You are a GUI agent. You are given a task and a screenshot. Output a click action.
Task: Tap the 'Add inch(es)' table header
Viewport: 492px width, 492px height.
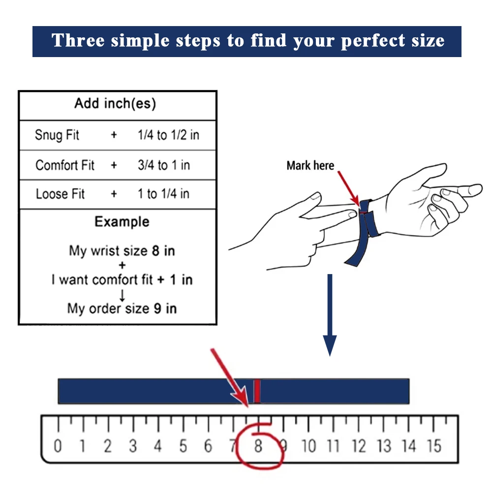115,103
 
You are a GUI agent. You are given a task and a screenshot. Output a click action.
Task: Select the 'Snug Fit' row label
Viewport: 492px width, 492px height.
57,135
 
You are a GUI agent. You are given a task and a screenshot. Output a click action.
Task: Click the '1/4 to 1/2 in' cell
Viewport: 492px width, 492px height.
168,135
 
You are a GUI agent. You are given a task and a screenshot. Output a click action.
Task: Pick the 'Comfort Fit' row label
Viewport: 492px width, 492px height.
65,165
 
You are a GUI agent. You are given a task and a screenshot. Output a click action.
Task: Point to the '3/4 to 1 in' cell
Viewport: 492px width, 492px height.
164,165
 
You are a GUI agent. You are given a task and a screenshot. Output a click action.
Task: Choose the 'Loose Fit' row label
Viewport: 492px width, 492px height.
60,194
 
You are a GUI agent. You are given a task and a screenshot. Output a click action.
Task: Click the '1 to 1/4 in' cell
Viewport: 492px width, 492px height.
163,194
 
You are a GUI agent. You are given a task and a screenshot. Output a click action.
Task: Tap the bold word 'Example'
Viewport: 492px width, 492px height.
122,222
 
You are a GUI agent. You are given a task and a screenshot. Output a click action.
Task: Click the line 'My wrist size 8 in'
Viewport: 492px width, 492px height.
122,251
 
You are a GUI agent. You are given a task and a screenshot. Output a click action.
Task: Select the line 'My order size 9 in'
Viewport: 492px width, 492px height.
122,308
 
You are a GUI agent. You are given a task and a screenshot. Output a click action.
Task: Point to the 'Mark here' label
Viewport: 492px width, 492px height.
310,165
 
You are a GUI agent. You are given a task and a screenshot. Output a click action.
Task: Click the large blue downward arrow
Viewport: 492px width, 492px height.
330,315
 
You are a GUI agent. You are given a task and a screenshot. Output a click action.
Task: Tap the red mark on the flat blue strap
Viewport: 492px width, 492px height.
257,391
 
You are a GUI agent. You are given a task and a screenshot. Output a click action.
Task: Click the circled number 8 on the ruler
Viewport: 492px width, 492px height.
258,446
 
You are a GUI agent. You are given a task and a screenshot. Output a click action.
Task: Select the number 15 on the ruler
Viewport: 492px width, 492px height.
434,446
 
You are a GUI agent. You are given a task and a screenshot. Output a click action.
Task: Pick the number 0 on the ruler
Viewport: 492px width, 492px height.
58,446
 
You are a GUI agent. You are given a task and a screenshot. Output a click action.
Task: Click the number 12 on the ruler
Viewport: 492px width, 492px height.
359,446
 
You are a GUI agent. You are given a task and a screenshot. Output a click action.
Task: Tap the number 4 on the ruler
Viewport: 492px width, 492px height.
158,446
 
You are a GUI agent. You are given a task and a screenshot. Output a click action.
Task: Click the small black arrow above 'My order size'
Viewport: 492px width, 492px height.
122,295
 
